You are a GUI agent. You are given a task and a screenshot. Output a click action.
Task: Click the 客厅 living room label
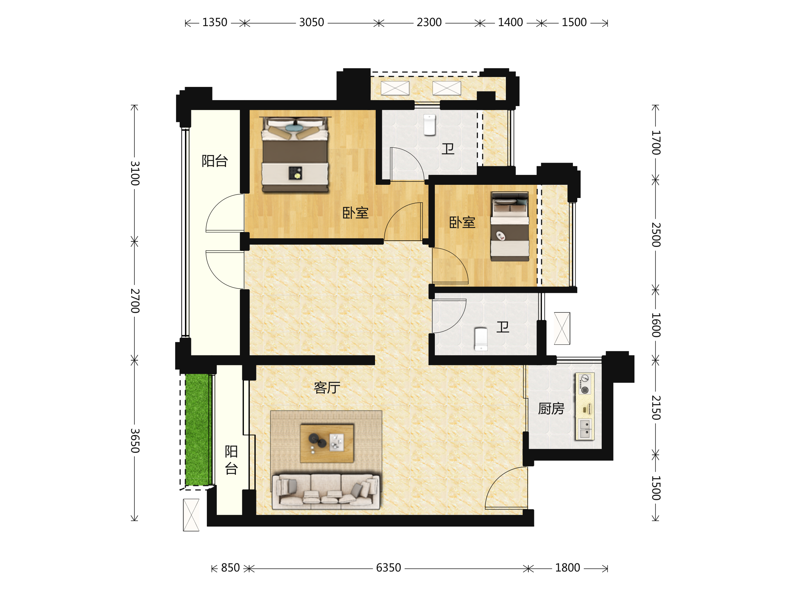click(326, 388)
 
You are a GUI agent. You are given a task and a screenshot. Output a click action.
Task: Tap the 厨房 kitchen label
click(551, 409)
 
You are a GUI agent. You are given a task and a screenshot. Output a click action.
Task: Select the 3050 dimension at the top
click(312, 22)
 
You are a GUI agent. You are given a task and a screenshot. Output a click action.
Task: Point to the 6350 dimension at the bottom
click(388, 568)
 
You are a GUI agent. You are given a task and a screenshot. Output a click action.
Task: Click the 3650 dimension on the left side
click(135, 440)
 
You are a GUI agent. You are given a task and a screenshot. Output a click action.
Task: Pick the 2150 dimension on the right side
click(656, 408)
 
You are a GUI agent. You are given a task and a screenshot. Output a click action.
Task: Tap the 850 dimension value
click(230, 568)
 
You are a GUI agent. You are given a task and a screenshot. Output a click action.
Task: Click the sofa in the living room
click(326, 491)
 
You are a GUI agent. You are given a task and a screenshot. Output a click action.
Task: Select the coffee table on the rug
click(326, 443)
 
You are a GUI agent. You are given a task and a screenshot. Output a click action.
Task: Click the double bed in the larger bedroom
click(295, 154)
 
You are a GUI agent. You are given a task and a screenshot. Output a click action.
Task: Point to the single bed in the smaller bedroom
click(510, 226)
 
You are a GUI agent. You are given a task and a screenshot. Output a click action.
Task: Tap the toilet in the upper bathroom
click(430, 125)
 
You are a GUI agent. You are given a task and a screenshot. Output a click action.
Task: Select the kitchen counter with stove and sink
click(585, 406)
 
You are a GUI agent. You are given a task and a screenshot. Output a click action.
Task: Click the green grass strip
click(197, 429)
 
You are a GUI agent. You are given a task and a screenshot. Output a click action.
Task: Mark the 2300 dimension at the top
click(429, 22)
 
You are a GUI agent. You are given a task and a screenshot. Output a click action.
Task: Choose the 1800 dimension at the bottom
click(568, 568)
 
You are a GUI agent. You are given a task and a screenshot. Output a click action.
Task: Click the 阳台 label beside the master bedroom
click(214, 161)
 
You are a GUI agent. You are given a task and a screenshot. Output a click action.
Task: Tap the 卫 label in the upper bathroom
click(448, 148)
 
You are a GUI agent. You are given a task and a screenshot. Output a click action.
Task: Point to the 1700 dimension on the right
click(656, 142)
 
